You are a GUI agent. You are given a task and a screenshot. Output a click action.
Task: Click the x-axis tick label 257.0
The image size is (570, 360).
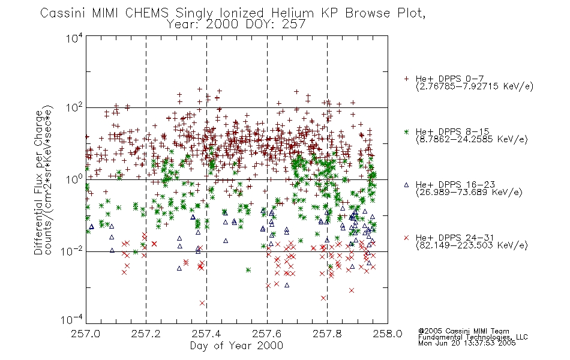pyautogui.click(x=86, y=334)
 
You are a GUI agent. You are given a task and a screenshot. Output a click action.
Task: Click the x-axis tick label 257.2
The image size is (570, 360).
pyautogui.click(x=146, y=334)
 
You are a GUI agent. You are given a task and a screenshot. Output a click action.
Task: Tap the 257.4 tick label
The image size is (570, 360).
pyautogui.click(x=206, y=334)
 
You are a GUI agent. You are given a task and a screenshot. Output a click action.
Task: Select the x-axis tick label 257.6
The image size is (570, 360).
pyautogui.click(x=267, y=334)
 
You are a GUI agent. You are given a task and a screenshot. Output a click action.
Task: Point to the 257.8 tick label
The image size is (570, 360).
pyautogui.click(x=327, y=334)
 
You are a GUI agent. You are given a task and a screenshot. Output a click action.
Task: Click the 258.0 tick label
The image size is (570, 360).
pyautogui.click(x=388, y=334)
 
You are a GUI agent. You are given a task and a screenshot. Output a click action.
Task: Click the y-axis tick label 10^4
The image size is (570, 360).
pyautogui.click(x=74, y=38)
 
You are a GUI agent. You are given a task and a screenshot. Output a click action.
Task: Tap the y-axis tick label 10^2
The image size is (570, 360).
pyautogui.click(x=74, y=108)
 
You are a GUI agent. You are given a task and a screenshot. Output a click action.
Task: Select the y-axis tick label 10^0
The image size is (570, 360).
pyautogui.click(x=74, y=179)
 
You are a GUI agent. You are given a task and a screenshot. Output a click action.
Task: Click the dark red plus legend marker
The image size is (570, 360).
pyautogui.click(x=406, y=79)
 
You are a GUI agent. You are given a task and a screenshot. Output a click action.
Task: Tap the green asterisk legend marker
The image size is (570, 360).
pyautogui.click(x=406, y=131)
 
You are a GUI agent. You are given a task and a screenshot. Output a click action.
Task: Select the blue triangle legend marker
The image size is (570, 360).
pyautogui.click(x=406, y=185)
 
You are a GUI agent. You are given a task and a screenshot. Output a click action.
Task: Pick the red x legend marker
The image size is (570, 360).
pyautogui.click(x=406, y=238)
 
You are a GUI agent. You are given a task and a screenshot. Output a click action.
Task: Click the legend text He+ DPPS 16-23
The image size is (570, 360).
pyautogui.click(x=455, y=185)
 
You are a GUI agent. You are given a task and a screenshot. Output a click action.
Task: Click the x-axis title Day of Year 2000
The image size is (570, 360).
pyautogui.click(x=236, y=346)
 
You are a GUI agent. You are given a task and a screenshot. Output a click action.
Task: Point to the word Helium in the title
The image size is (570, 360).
pyautogui.click(x=292, y=13)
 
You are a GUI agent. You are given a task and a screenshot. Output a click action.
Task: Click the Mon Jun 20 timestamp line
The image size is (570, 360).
pyautogui.click(x=467, y=343)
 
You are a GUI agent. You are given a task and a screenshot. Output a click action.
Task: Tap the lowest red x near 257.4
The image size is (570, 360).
pyautogui.click(x=202, y=303)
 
